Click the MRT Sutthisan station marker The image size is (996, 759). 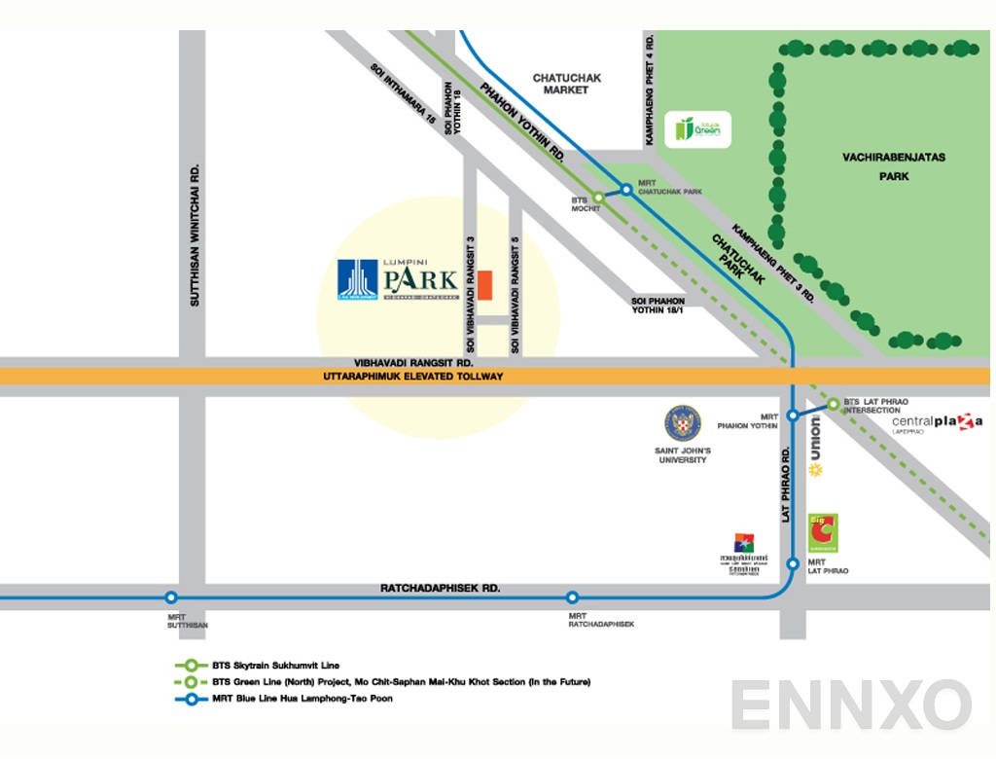click(x=171, y=597)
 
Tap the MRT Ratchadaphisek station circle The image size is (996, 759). click(x=572, y=597)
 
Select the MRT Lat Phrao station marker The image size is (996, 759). click(x=793, y=563)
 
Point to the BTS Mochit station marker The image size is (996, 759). click(x=599, y=198)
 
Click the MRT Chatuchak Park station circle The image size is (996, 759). click(x=626, y=189)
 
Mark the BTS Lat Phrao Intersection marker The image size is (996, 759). click(x=833, y=404)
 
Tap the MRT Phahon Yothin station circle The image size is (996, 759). click(x=793, y=416)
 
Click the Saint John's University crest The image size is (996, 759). click(x=682, y=424)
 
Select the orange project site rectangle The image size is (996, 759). click(x=484, y=286)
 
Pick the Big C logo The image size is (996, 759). click(x=823, y=533)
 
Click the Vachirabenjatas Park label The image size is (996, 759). click(x=893, y=166)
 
